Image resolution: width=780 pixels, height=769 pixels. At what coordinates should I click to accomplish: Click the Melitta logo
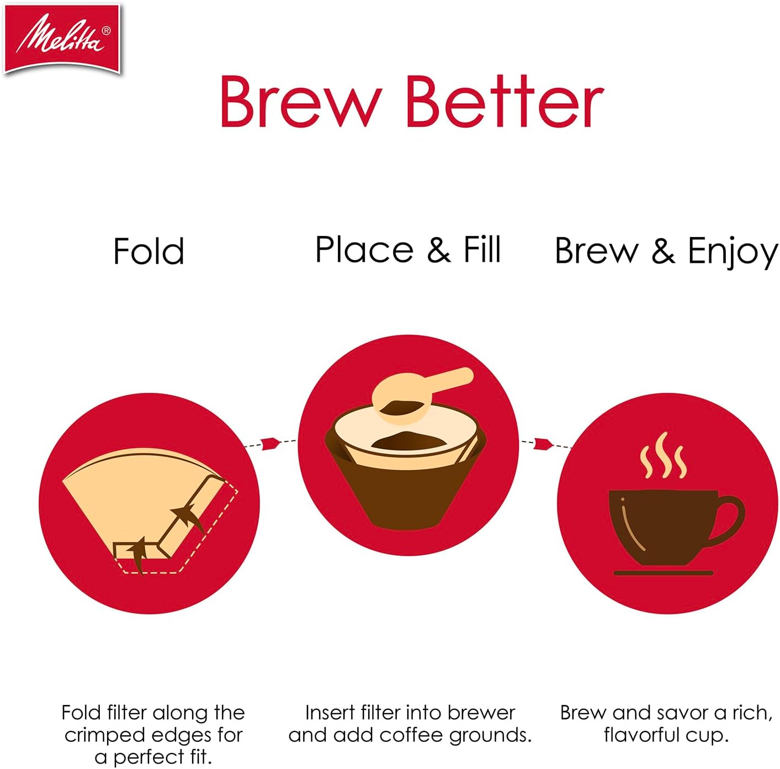click(x=62, y=37)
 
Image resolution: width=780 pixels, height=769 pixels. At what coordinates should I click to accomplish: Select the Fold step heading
click(x=148, y=251)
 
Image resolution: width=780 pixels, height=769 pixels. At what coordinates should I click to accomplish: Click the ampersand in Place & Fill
click(x=438, y=250)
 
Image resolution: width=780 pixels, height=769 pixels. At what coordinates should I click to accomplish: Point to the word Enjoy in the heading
click(x=733, y=252)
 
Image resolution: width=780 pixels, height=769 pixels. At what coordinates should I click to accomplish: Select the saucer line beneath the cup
click(x=663, y=573)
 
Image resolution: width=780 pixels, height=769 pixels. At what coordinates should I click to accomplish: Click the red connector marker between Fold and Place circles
click(x=270, y=443)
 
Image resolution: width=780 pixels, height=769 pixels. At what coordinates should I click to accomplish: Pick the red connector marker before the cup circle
click(x=543, y=443)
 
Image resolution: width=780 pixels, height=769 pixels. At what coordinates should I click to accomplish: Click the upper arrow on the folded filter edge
click(x=187, y=516)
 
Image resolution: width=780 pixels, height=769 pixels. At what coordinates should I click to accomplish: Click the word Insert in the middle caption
click(x=330, y=713)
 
